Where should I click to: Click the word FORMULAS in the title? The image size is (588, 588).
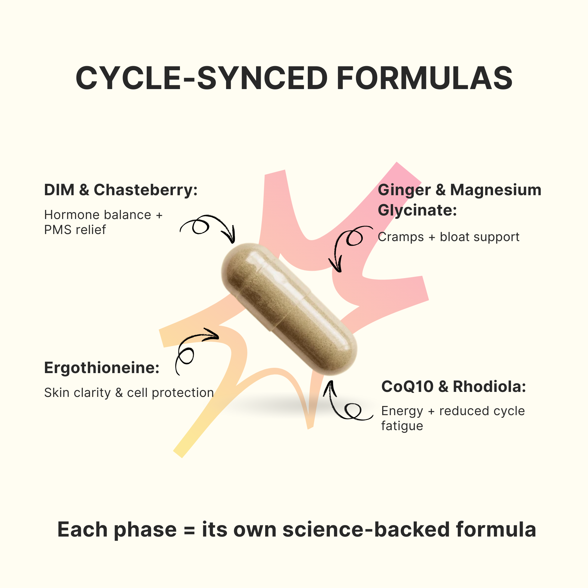point(425,78)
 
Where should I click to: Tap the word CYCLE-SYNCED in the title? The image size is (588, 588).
point(201,78)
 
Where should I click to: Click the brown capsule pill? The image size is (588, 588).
point(289,309)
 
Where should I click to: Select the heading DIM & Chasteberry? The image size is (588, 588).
point(121,190)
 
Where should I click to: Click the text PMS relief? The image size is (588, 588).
point(75,230)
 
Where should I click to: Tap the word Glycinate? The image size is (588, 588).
point(417,210)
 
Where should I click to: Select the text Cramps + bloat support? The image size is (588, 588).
point(448,237)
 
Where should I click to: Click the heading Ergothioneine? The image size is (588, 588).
point(102,368)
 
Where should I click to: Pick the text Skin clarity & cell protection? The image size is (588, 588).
point(129,393)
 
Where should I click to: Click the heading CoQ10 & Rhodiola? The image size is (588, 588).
point(453,387)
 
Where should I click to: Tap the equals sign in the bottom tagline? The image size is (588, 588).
point(189,530)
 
